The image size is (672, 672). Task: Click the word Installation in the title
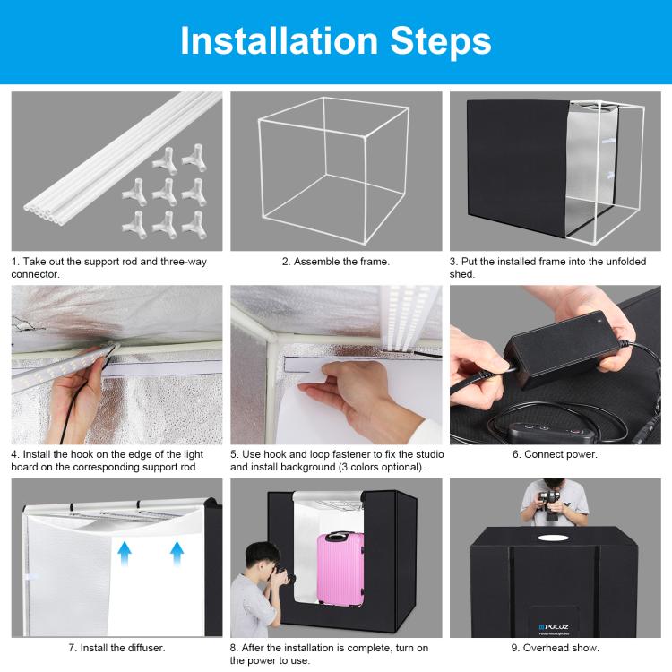279,40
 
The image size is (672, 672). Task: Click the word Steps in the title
441,40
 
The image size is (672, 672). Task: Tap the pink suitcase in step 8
340,569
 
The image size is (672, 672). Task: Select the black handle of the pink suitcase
338,536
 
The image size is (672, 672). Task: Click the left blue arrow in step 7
125,554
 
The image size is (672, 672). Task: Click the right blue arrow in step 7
177,554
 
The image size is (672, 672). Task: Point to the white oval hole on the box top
554,538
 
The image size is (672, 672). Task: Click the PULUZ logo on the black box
554,626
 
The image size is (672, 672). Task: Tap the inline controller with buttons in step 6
552,433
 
